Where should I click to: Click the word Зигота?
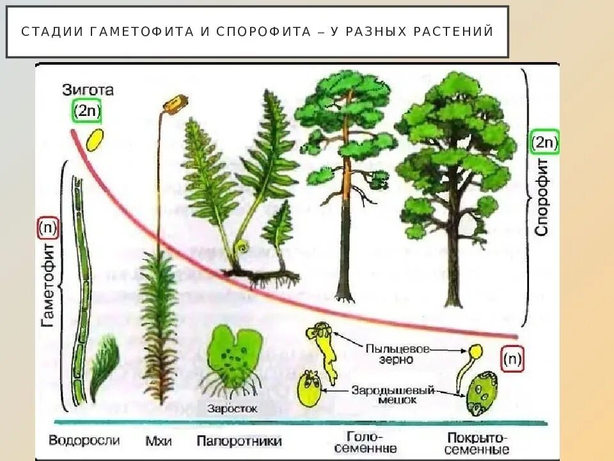pyautogui.click(x=88, y=90)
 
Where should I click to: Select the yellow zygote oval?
pyautogui.click(x=95, y=140)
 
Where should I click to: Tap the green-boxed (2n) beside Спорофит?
pyautogui.click(x=545, y=142)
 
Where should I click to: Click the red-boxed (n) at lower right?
pyautogui.click(x=513, y=359)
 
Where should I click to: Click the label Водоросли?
pyautogui.click(x=84, y=441)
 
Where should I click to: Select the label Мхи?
pyautogui.click(x=156, y=441)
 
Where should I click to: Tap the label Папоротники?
pyautogui.click(x=239, y=441)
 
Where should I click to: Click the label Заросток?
pyautogui.click(x=232, y=408)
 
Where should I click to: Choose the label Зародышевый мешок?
pyautogui.click(x=393, y=394)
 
